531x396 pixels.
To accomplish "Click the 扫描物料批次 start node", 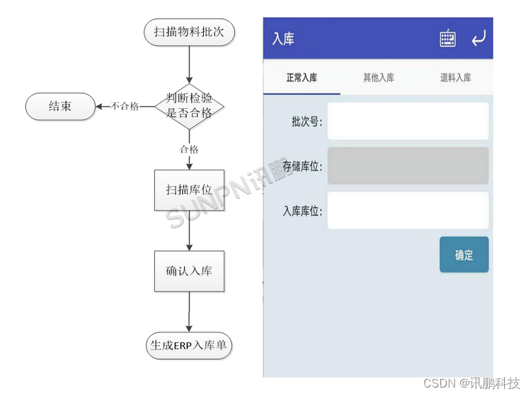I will (x=189, y=32).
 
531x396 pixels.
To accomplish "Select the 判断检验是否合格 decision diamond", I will (x=189, y=106).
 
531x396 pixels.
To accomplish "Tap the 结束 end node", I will (x=60, y=106).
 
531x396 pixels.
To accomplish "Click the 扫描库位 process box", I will (x=189, y=190).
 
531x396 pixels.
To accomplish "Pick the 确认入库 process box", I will (x=189, y=271).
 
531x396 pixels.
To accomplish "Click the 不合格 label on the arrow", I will (x=125, y=107).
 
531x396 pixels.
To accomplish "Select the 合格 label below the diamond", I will (x=189, y=149).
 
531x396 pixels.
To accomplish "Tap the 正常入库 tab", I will (x=302, y=78).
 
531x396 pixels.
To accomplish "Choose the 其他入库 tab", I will (x=379, y=78).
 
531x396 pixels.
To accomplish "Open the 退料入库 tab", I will (x=455, y=78).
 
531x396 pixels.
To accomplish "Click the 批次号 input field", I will (x=408, y=121).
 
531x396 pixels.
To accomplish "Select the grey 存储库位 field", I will (x=408, y=166).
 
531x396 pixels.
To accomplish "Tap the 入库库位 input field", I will (x=408, y=211).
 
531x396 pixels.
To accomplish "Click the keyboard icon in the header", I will (x=447, y=39).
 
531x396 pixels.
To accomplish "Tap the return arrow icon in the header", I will (x=479, y=38).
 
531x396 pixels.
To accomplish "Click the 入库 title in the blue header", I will (x=283, y=39).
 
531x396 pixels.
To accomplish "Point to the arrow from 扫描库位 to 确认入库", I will (x=189, y=231).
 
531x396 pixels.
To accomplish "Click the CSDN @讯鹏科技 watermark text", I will (x=471, y=383).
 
